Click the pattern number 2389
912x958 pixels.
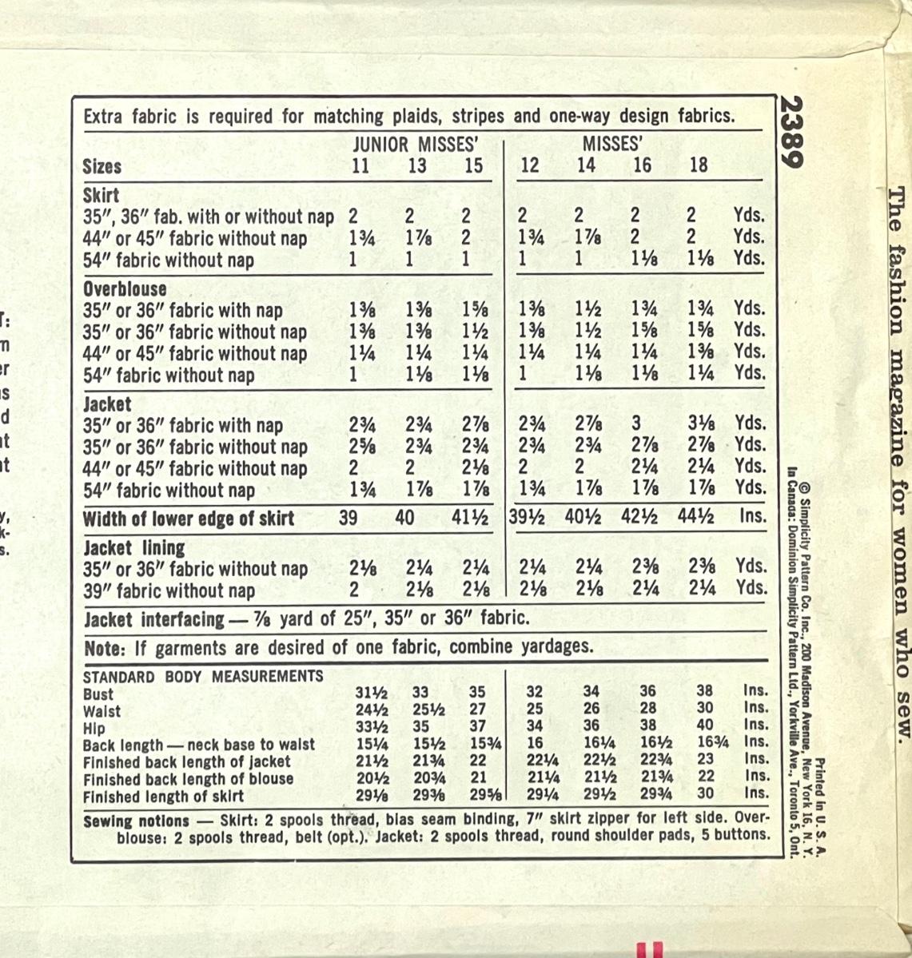coord(792,132)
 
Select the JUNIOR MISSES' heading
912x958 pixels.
coord(416,145)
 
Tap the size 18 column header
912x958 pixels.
coord(698,165)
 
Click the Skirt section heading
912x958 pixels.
coord(101,195)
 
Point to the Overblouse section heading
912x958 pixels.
coord(125,288)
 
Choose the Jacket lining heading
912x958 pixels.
coord(133,548)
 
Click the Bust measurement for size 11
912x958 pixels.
coord(372,694)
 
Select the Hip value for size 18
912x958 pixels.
coord(704,726)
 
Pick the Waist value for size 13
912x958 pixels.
coord(429,710)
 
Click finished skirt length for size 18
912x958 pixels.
coord(704,793)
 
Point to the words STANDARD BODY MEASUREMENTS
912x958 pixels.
coord(203,677)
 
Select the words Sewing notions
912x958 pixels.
coord(136,821)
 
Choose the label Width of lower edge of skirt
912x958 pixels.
coord(189,519)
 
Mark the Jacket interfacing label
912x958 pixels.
coord(153,618)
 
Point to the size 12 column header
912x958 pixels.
coord(529,165)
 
